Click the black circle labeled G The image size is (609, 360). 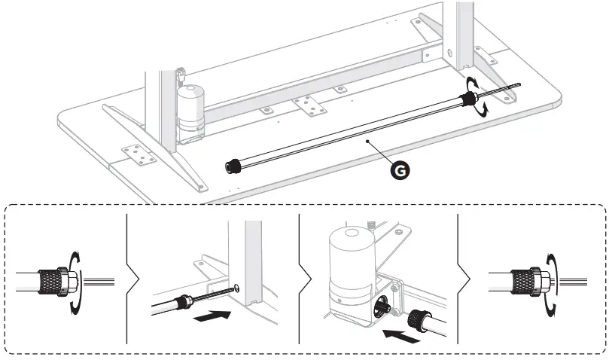coord(401,170)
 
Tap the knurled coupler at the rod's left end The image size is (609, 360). coord(234,165)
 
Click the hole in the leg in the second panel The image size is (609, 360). coord(239,285)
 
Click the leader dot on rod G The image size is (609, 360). coord(367,141)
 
